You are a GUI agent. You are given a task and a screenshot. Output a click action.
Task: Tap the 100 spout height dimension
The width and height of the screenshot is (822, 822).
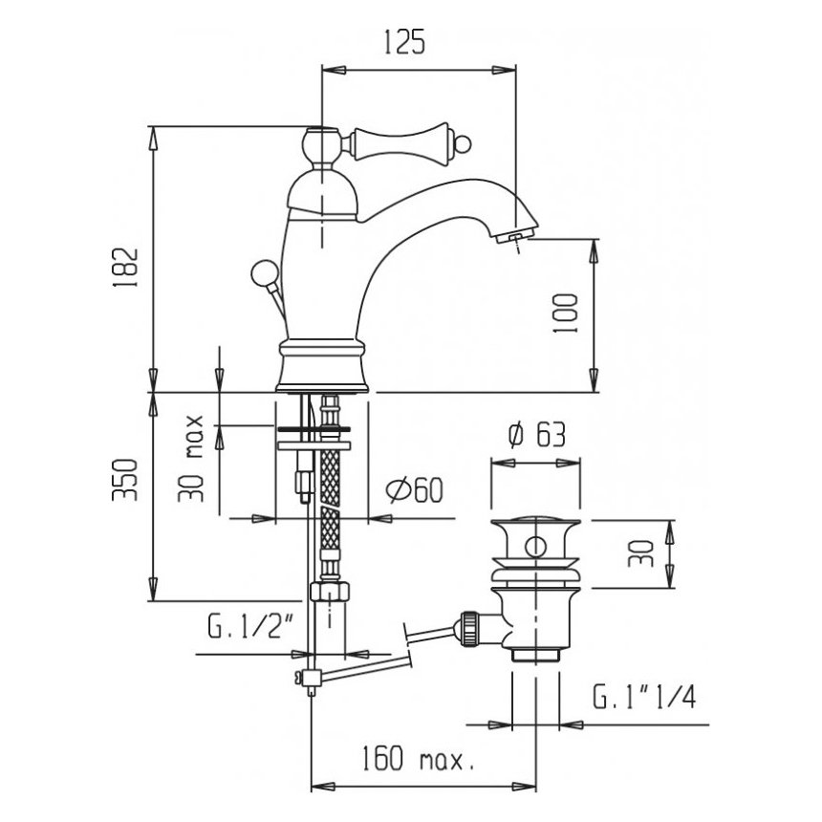[566, 312]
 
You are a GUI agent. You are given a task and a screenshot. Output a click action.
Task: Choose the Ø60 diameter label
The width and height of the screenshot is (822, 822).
[414, 490]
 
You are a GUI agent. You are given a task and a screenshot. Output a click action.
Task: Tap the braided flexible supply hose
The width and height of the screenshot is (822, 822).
[330, 497]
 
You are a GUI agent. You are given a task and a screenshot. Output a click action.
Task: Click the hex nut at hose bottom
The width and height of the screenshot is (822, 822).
[330, 590]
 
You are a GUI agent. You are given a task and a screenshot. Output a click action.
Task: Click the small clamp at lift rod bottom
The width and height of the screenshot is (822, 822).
[308, 679]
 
